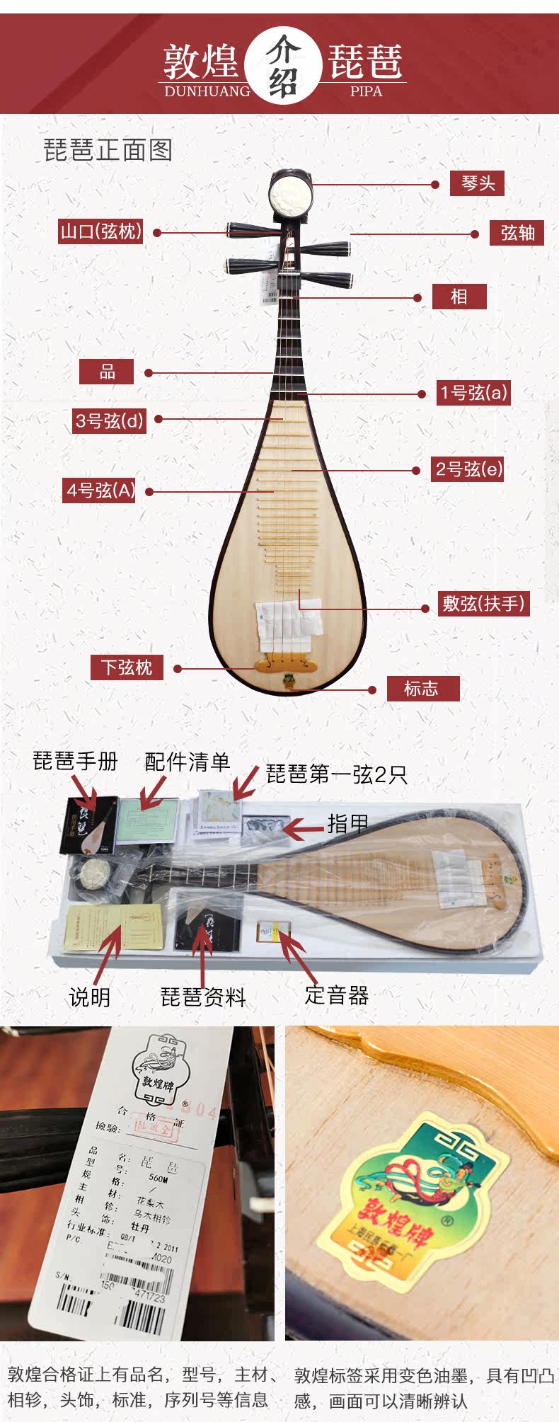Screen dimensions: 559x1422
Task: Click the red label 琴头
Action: pyautogui.click(x=478, y=183)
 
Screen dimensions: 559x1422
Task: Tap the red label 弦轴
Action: pyautogui.click(x=517, y=233)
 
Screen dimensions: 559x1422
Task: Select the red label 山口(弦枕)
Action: pyautogui.click(x=101, y=231)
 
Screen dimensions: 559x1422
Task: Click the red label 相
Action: pyautogui.click(x=459, y=296)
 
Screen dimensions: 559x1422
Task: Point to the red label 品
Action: pyautogui.click(x=107, y=372)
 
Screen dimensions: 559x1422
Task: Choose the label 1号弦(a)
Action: pyautogui.click(x=473, y=393)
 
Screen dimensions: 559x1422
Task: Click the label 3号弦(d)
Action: pyautogui.click(x=109, y=420)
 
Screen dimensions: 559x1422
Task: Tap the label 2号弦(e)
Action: pyautogui.click(x=468, y=469)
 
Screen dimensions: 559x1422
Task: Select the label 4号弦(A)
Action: pyautogui.click(x=100, y=490)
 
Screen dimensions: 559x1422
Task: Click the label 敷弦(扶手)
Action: pyautogui.click(x=484, y=604)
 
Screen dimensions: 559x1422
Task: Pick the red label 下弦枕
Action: pyautogui.click(x=127, y=667)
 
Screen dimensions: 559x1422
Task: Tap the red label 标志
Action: pyautogui.click(x=422, y=688)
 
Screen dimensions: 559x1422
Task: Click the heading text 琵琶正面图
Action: pyautogui.click(x=108, y=150)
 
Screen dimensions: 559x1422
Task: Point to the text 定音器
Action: pyautogui.click(x=337, y=995)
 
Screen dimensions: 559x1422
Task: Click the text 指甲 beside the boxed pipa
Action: pyautogui.click(x=347, y=823)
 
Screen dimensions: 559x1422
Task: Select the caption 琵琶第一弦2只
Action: pyautogui.click(x=337, y=774)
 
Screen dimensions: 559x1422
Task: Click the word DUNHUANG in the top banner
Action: pyautogui.click(x=207, y=91)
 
